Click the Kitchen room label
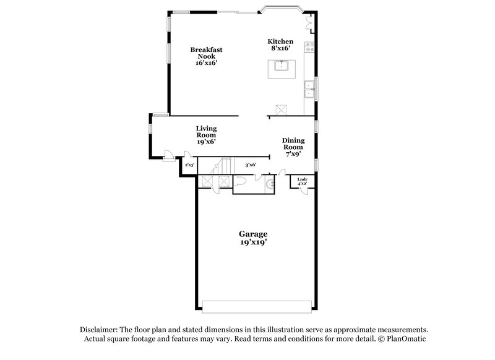click(282, 41)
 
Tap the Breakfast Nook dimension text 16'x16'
click(206, 62)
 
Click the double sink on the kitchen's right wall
click(310, 92)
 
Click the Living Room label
click(206, 132)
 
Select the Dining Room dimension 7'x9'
click(293, 154)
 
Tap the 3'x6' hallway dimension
click(251, 165)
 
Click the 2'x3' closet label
click(189, 165)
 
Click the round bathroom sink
click(269, 184)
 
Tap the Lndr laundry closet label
click(303, 179)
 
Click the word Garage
click(253, 234)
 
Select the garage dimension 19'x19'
click(253, 242)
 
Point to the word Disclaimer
click(98, 330)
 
